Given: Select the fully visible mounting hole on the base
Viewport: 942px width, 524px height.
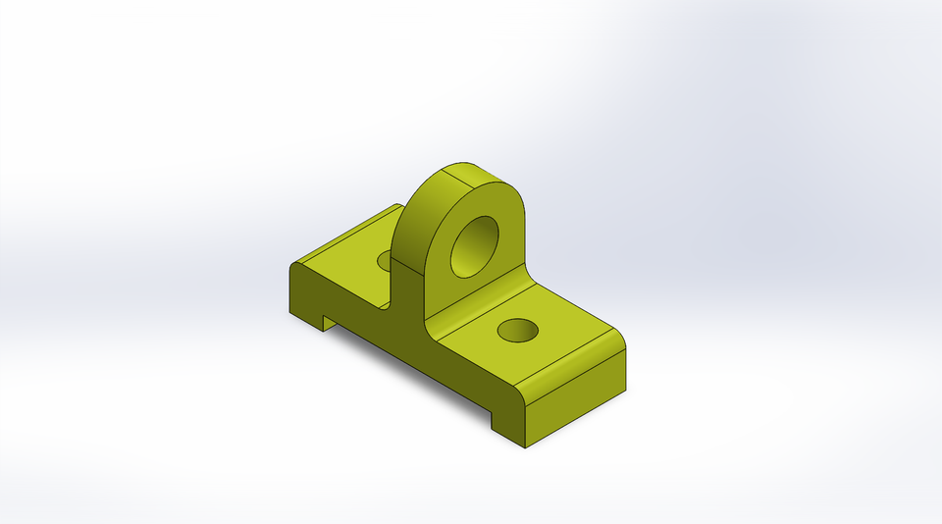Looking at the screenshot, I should point(516,330).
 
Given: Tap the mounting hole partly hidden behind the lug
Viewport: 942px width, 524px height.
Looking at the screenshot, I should point(385,259).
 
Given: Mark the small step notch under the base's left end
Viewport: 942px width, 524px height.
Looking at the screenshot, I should point(330,322).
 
